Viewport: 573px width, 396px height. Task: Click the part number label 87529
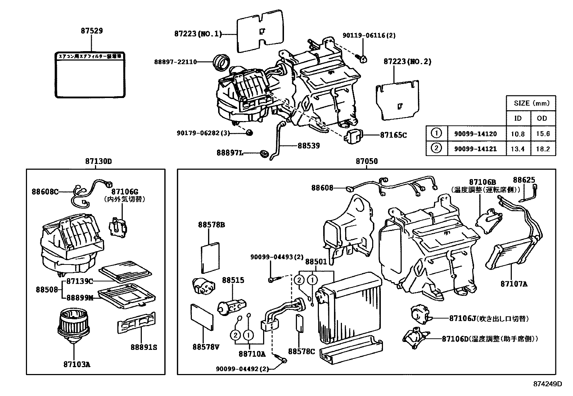click(91, 31)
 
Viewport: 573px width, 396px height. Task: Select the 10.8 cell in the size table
click(518, 134)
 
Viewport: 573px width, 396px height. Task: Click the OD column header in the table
click(542, 118)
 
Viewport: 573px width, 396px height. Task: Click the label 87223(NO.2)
click(407, 62)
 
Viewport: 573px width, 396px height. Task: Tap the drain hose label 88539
click(308, 146)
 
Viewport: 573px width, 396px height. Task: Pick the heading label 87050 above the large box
click(367, 161)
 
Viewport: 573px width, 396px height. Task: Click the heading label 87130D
click(98, 161)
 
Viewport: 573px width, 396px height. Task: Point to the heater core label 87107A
click(514, 284)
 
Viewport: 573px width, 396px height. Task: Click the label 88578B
click(211, 225)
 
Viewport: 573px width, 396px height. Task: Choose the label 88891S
click(144, 347)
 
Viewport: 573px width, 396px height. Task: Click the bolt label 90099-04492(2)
click(242, 369)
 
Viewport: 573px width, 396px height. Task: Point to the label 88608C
click(45, 192)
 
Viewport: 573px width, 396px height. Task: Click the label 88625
click(524, 180)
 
